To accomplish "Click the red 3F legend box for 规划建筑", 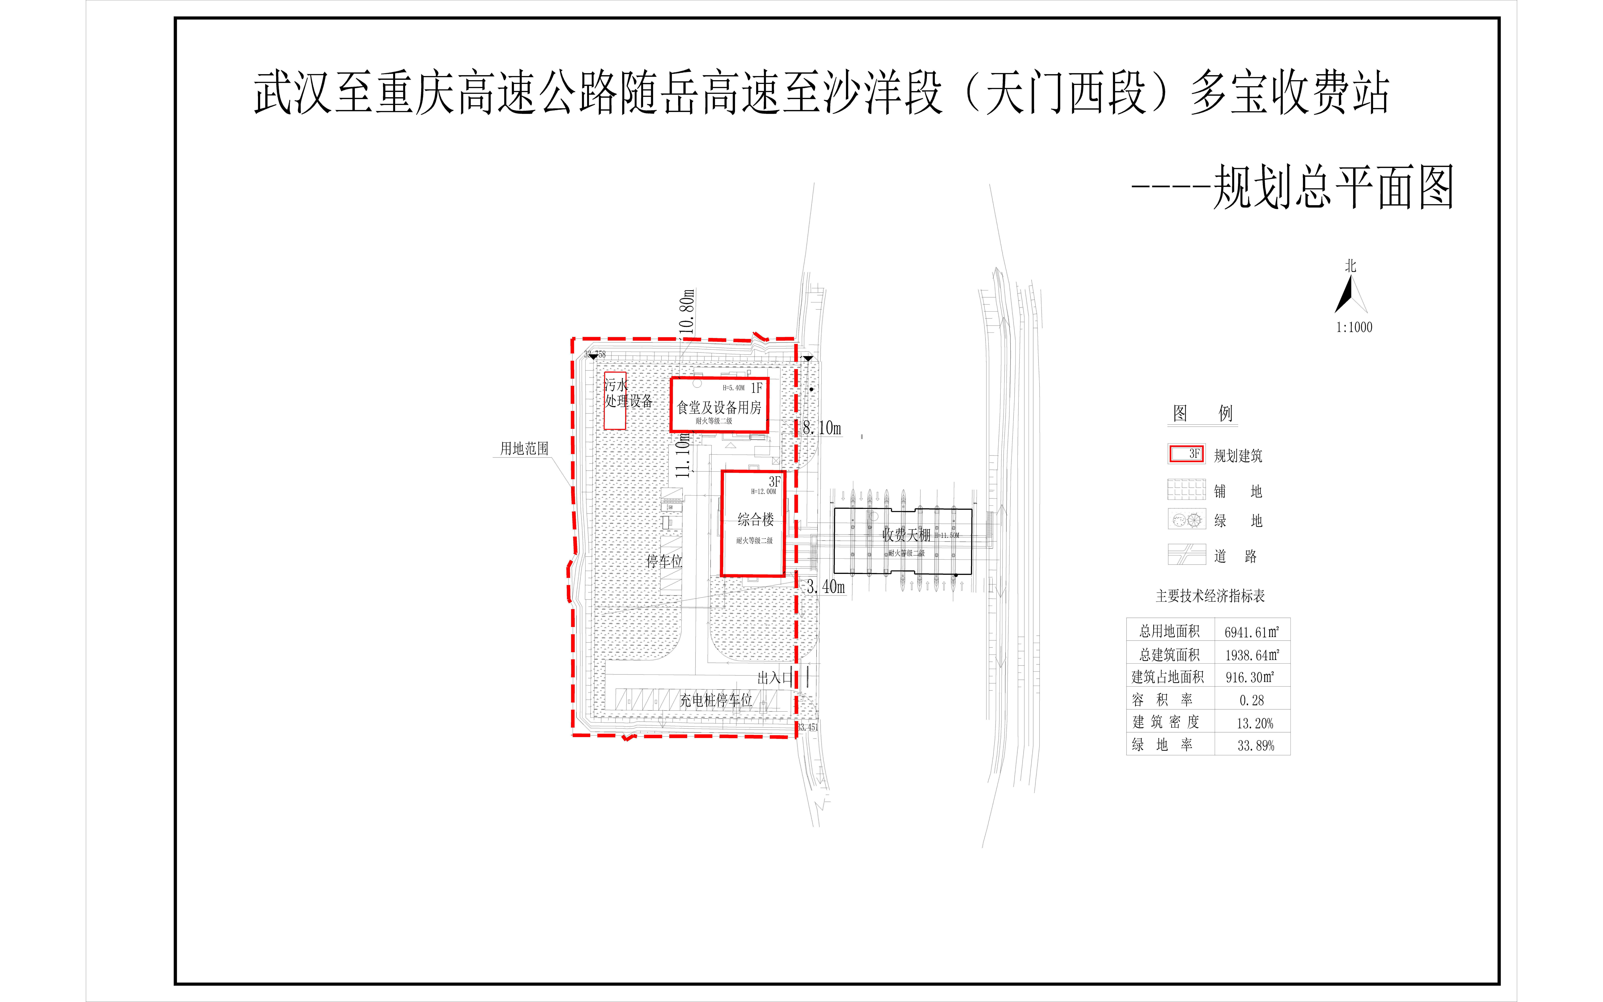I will coord(1186,454).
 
